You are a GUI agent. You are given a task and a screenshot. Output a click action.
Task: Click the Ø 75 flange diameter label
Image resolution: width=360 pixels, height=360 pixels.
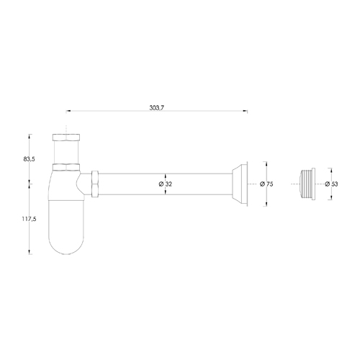click(x=266, y=184)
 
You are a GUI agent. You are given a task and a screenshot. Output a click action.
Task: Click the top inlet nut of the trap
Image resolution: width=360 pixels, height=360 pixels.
click(x=67, y=137)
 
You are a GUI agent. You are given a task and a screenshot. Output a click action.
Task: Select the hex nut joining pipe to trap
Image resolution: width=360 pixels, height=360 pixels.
click(x=94, y=183)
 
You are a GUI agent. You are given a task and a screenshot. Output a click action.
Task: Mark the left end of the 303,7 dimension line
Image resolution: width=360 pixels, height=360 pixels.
click(x=66, y=111)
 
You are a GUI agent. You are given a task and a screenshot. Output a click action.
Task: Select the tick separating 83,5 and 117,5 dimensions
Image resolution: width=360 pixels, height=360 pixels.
click(x=31, y=183)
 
